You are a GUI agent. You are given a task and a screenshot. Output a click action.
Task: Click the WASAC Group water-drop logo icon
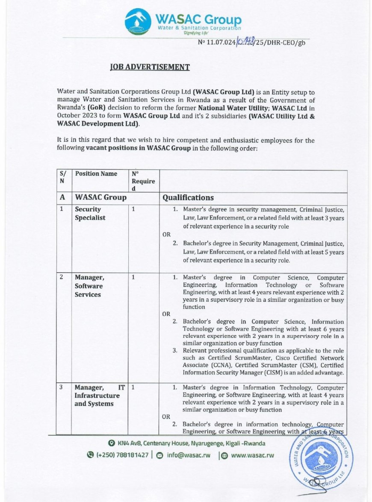point(137,22)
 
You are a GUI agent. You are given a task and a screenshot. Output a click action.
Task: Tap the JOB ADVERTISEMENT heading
point(150,67)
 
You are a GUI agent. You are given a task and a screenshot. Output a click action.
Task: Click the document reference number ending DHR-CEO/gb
point(252,42)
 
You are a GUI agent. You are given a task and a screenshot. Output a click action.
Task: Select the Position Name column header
point(96,174)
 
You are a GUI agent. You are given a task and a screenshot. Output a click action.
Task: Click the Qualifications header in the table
point(188,197)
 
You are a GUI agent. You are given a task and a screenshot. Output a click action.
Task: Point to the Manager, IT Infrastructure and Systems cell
point(100,396)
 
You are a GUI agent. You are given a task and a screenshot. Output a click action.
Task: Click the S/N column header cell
point(63,177)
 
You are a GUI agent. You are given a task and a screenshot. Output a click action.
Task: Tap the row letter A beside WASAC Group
point(62,197)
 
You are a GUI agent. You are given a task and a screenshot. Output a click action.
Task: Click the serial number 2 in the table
point(62,277)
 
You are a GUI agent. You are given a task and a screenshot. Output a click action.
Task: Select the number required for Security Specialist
point(133,209)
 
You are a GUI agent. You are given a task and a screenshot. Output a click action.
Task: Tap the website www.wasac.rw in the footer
point(252,455)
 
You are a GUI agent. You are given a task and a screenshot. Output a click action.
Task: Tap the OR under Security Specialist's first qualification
point(166,235)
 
